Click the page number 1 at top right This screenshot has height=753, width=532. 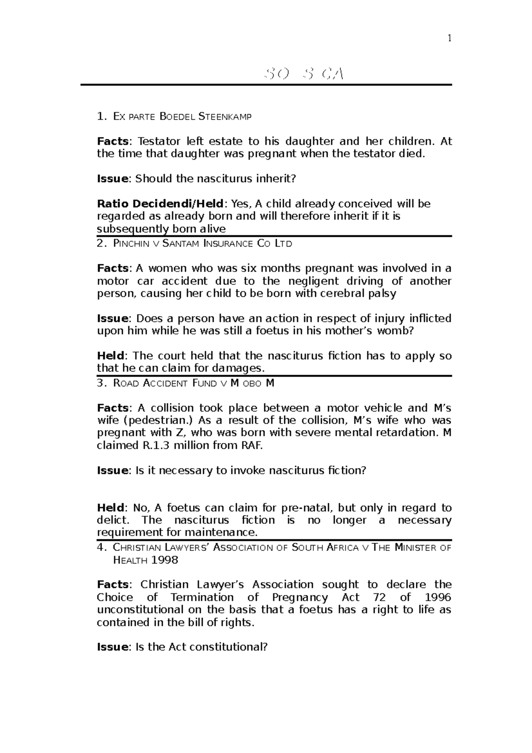(449, 39)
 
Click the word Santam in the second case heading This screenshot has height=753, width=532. (181, 243)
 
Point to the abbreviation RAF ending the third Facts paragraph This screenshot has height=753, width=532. (251, 446)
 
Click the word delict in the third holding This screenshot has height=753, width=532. (113, 520)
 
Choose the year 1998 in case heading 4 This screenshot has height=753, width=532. (164, 560)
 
